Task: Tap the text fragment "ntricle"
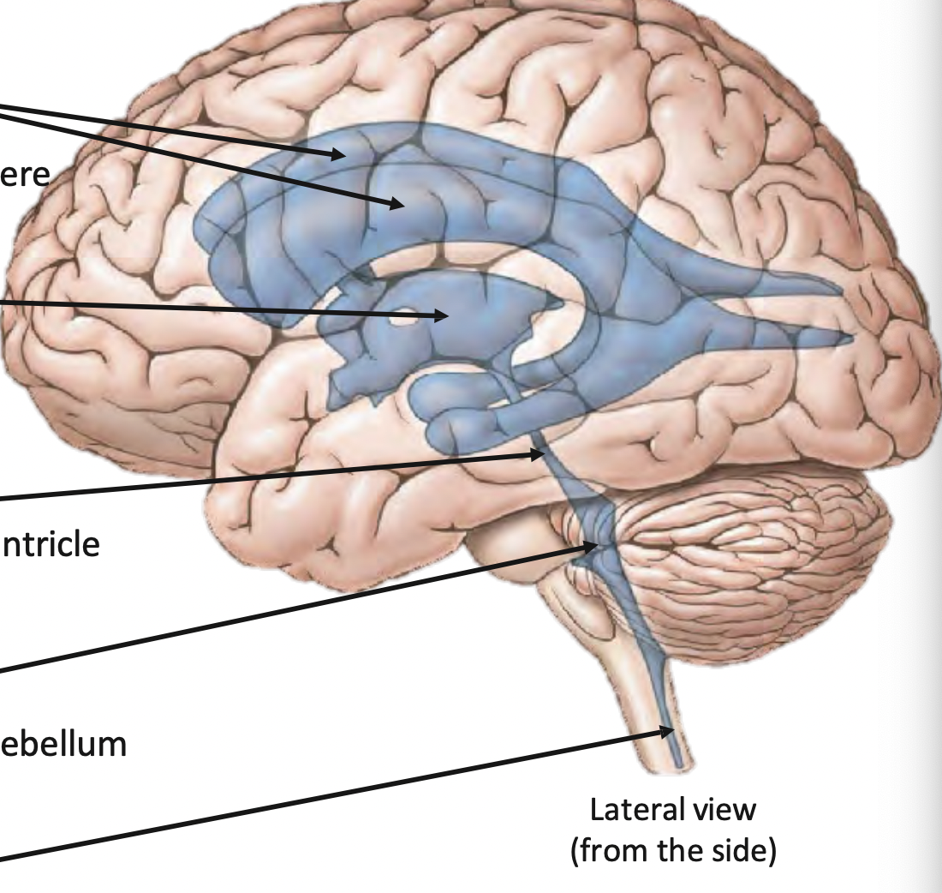(49, 544)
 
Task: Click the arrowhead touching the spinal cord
(668, 731)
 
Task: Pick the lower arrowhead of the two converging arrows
(397, 204)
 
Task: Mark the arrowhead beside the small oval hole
(442, 316)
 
